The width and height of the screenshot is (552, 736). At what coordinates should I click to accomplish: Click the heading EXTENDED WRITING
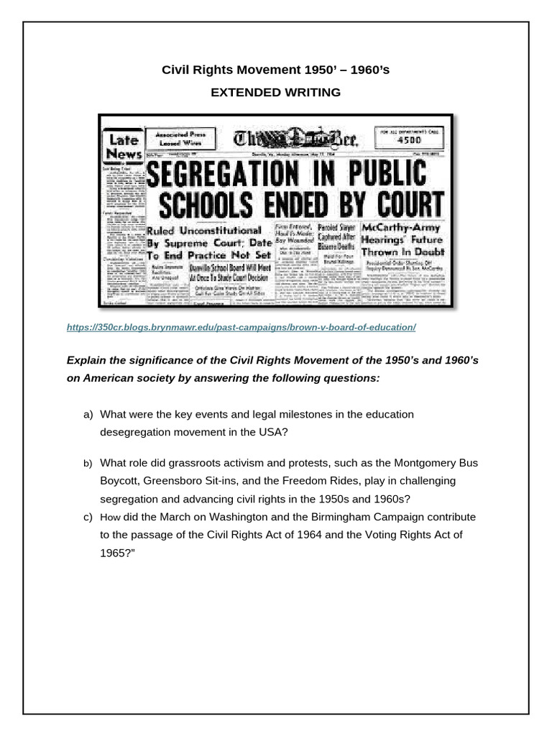point(275,92)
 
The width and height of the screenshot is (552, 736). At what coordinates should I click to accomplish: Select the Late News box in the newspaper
point(123,146)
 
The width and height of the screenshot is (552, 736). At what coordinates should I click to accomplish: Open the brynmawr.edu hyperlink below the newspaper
point(241,327)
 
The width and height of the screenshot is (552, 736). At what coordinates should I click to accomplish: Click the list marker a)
point(88,414)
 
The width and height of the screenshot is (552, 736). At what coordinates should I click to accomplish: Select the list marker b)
point(88,464)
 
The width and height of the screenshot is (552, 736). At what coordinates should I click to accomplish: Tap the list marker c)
point(88,517)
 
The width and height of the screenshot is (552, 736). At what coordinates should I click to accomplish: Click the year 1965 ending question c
point(114,553)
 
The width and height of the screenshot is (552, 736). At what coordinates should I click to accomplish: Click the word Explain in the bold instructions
point(86,359)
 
